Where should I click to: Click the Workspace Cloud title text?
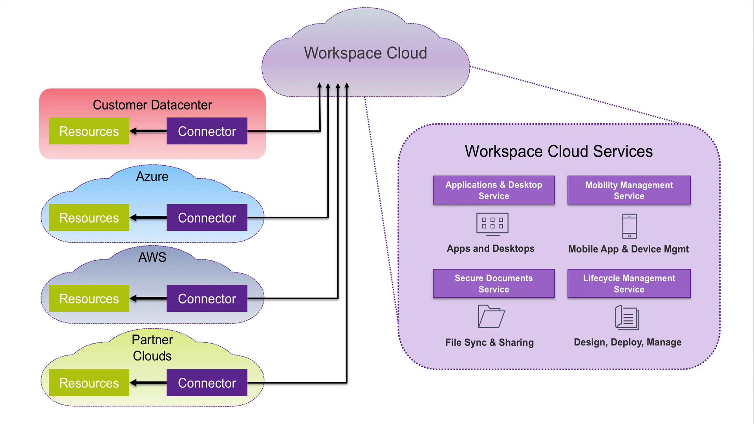coord(365,53)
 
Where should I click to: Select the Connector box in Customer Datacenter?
coord(207,131)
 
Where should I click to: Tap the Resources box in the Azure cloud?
coord(89,217)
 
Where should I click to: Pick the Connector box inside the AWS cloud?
coord(207,298)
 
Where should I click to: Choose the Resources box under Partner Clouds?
coord(89,383)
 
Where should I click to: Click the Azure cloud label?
coord(152,177)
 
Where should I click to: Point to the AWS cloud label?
coord(152,258)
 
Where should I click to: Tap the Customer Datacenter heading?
coord(152,105)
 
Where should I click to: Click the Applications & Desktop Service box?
coord(494,190)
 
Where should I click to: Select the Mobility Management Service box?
coord(629,190)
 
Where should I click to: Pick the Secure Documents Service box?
coord(494,283)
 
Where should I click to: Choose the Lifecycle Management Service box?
coord(629,283)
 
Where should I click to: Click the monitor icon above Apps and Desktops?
coord(492,224)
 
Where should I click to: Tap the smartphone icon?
coord(630,226)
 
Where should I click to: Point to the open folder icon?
coord(491,316)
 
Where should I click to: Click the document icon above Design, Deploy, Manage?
coord(627,318)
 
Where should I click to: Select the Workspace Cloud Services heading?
coord(558,152)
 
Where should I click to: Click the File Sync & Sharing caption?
coord(489,342)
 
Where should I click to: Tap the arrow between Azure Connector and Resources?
coord(148,217)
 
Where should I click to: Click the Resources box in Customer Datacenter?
coord(89,131)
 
